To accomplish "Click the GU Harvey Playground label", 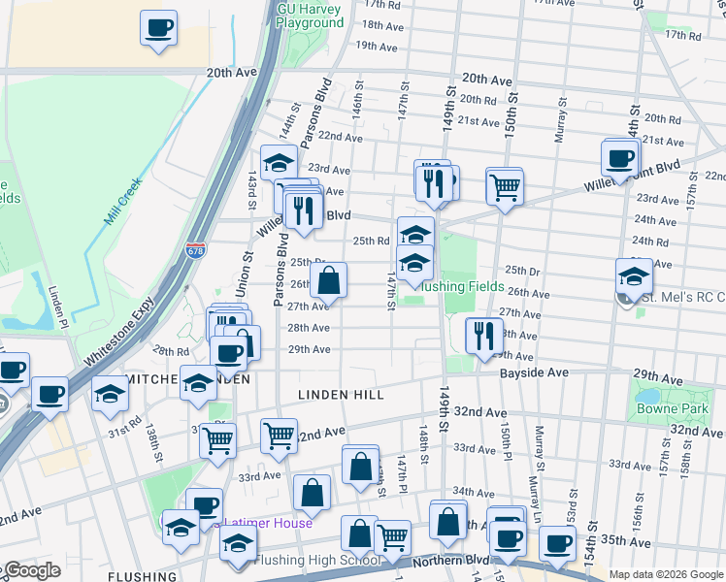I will click(x=311, y=15).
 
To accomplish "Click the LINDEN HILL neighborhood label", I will click(x=341, y=395).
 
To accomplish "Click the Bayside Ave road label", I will click(x=533, y=372).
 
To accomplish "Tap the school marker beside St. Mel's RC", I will click(x=634, y=275).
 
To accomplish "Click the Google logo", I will click(x=31, y=570).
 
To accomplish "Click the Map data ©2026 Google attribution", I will click(x=666, y=574).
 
